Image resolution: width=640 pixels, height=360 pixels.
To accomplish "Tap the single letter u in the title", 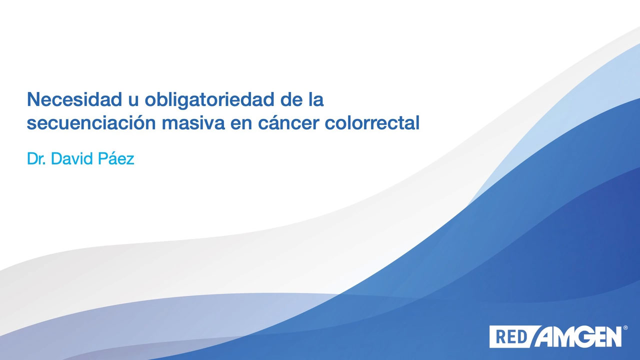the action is tap(133, 101).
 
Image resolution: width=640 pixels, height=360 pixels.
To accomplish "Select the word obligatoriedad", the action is tap(209, 100).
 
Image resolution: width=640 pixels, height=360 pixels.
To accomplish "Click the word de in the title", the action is tap(291, 99).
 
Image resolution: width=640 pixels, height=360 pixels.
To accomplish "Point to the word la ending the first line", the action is tap(316, 99).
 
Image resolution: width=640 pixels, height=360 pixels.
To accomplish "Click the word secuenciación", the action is tap(91, 122).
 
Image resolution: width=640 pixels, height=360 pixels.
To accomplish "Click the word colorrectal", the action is tap(372, 122).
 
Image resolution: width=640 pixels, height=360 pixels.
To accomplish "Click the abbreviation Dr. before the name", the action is tap(36, 158).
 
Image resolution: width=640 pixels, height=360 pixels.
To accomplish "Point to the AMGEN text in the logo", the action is tap(578, 337).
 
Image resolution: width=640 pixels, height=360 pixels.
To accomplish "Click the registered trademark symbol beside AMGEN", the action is tap(625, 327).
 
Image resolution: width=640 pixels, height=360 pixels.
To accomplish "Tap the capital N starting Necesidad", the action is tap(33, 99).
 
